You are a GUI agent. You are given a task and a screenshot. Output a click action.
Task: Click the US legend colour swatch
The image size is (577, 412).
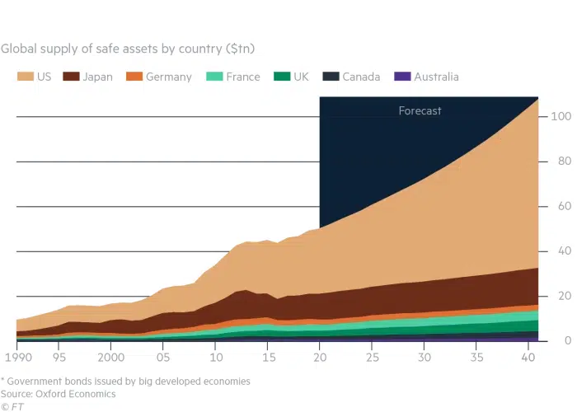click(25, 77)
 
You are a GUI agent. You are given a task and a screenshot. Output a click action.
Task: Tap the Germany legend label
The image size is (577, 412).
click(170, 77)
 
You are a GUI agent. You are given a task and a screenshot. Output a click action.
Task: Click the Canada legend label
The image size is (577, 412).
click(361, 77)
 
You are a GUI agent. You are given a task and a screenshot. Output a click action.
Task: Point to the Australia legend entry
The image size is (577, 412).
click(434, 77)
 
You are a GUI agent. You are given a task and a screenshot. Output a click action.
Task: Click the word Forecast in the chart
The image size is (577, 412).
click(420, 110)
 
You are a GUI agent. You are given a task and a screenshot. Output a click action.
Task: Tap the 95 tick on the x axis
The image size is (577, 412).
click(61, 357)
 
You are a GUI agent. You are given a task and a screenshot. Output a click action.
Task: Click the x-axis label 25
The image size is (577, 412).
click(373, 357)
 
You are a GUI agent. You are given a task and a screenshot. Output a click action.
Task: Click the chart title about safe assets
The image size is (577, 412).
click(134, 49)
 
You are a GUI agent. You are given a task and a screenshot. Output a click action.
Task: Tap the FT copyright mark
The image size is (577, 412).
click(12, 406)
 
